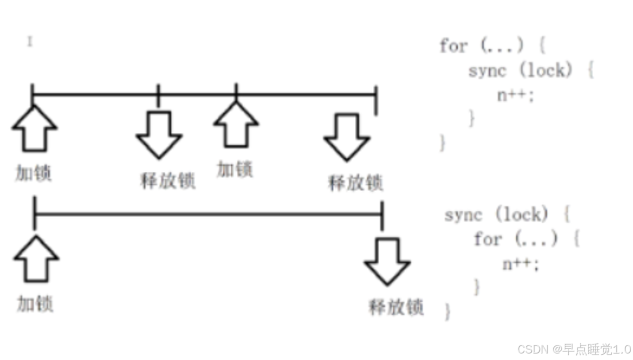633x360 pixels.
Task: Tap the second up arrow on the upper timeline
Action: (236, 125)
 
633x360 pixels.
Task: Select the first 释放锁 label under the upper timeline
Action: (168, 180)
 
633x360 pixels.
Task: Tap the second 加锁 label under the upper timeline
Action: (235, 169)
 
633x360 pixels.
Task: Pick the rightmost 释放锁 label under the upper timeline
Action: (355, 183)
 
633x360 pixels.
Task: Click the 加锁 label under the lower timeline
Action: (35, 303)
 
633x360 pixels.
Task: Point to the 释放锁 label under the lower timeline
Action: (396, 306)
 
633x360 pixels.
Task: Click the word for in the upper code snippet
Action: (453, 47)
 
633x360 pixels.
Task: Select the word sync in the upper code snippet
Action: (487, 71)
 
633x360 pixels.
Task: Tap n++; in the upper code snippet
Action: (515, 95)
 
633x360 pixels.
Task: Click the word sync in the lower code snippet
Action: (463, 215)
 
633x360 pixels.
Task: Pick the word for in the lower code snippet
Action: (487, 239)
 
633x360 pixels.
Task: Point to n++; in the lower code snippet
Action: (521, 264)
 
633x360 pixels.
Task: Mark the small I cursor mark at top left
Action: (30, 42)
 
